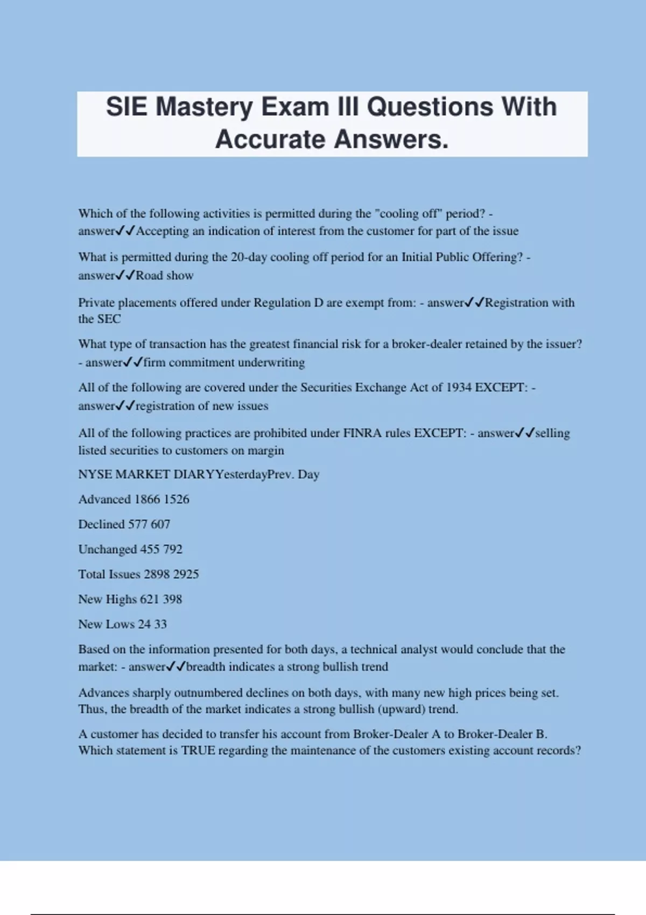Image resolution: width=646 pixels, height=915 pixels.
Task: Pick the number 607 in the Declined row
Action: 160,524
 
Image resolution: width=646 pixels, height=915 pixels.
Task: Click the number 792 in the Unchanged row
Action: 173,550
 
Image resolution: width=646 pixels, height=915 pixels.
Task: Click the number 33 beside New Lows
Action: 160,624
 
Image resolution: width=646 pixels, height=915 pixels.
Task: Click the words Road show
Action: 165,276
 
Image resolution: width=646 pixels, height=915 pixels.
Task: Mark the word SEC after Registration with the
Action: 109,319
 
